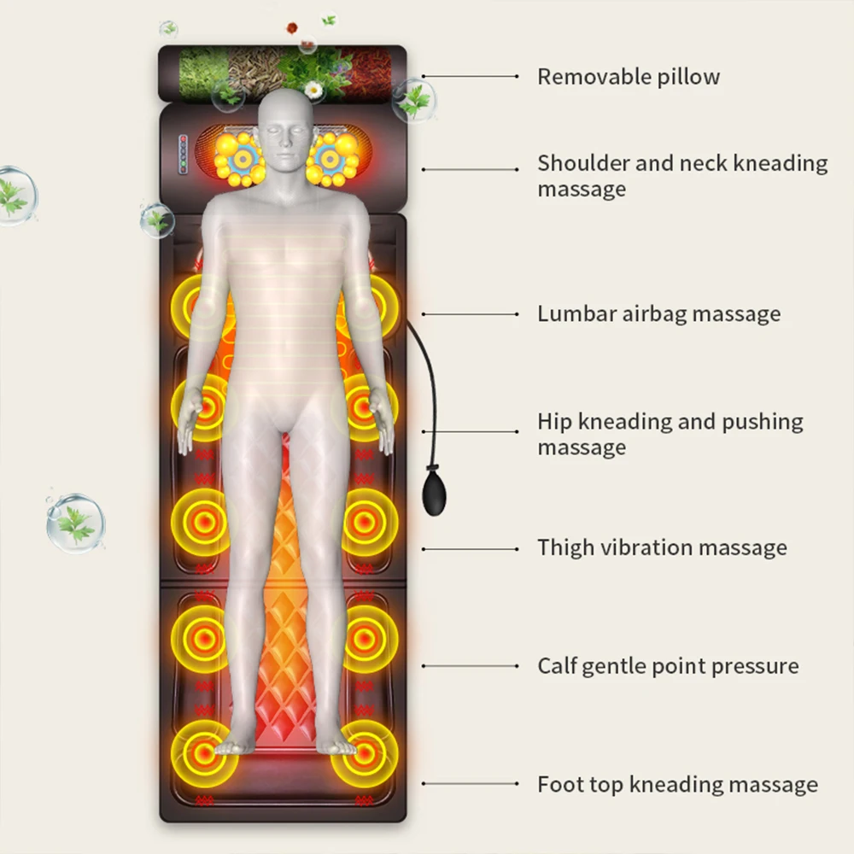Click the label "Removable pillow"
[628, 77]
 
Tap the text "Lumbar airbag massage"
[658, 314]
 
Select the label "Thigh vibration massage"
[662, 547]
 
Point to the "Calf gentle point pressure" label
[668, 666]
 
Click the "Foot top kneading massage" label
[677, 784]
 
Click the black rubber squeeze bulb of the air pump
[436, 494]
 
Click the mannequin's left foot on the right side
[339, 745]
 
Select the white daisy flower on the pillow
[313, 89]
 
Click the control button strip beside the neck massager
[182, 155]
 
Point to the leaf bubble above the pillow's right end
[414, 100]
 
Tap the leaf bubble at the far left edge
[15, 195]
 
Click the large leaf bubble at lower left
[75, 522]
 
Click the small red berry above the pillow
[293, 26]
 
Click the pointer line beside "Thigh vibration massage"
[471, 548]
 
